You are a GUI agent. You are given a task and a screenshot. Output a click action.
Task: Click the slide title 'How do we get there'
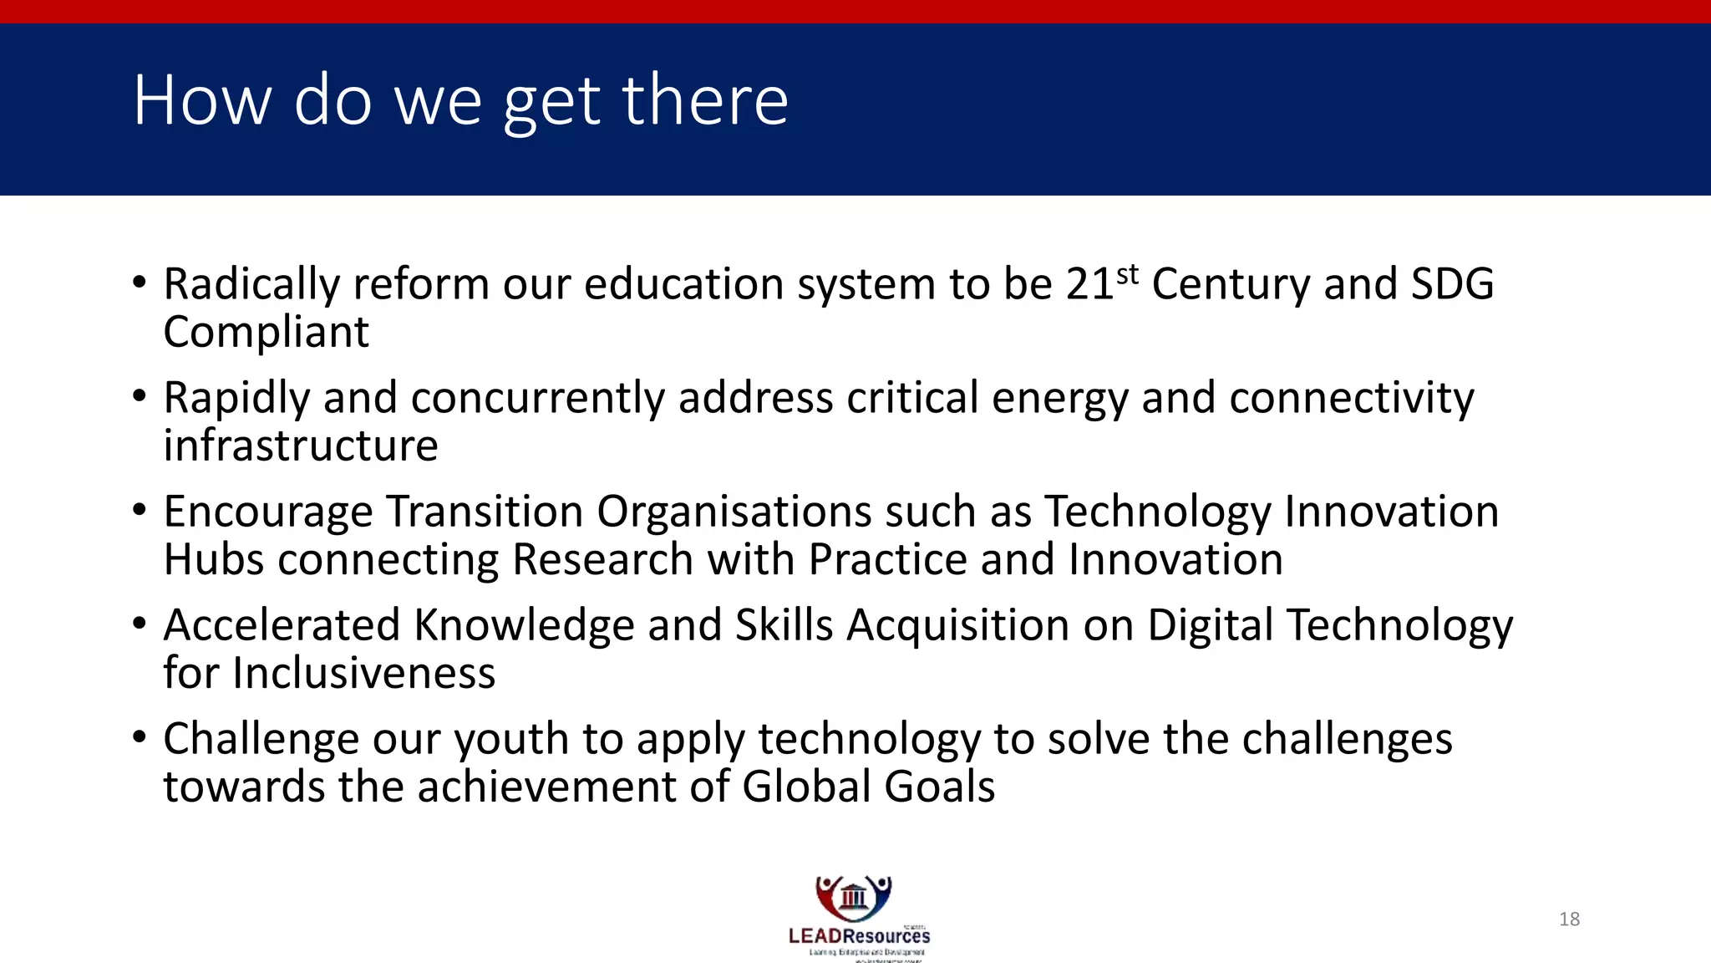460,100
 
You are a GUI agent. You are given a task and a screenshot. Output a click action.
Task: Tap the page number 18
1569,920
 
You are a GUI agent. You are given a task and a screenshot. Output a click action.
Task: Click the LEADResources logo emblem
854,898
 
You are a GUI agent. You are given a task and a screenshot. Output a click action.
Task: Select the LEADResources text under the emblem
859,936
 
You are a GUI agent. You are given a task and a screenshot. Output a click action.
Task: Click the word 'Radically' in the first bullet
251,284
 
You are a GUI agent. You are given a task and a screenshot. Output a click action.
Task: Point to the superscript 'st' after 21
1127,273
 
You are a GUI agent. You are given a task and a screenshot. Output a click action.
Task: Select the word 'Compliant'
266,333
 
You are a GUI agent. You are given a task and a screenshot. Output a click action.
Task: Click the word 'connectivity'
1351,398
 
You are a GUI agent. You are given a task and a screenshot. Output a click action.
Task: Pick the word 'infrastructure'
300,446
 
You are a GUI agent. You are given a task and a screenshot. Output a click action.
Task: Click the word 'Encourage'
267,512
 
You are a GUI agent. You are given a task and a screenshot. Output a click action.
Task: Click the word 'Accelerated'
282,625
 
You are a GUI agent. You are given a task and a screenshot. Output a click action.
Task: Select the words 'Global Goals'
868,787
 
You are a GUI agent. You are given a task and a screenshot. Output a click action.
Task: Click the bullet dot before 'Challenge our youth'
140,736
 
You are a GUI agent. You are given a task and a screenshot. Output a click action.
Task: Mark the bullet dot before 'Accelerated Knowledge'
140,623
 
